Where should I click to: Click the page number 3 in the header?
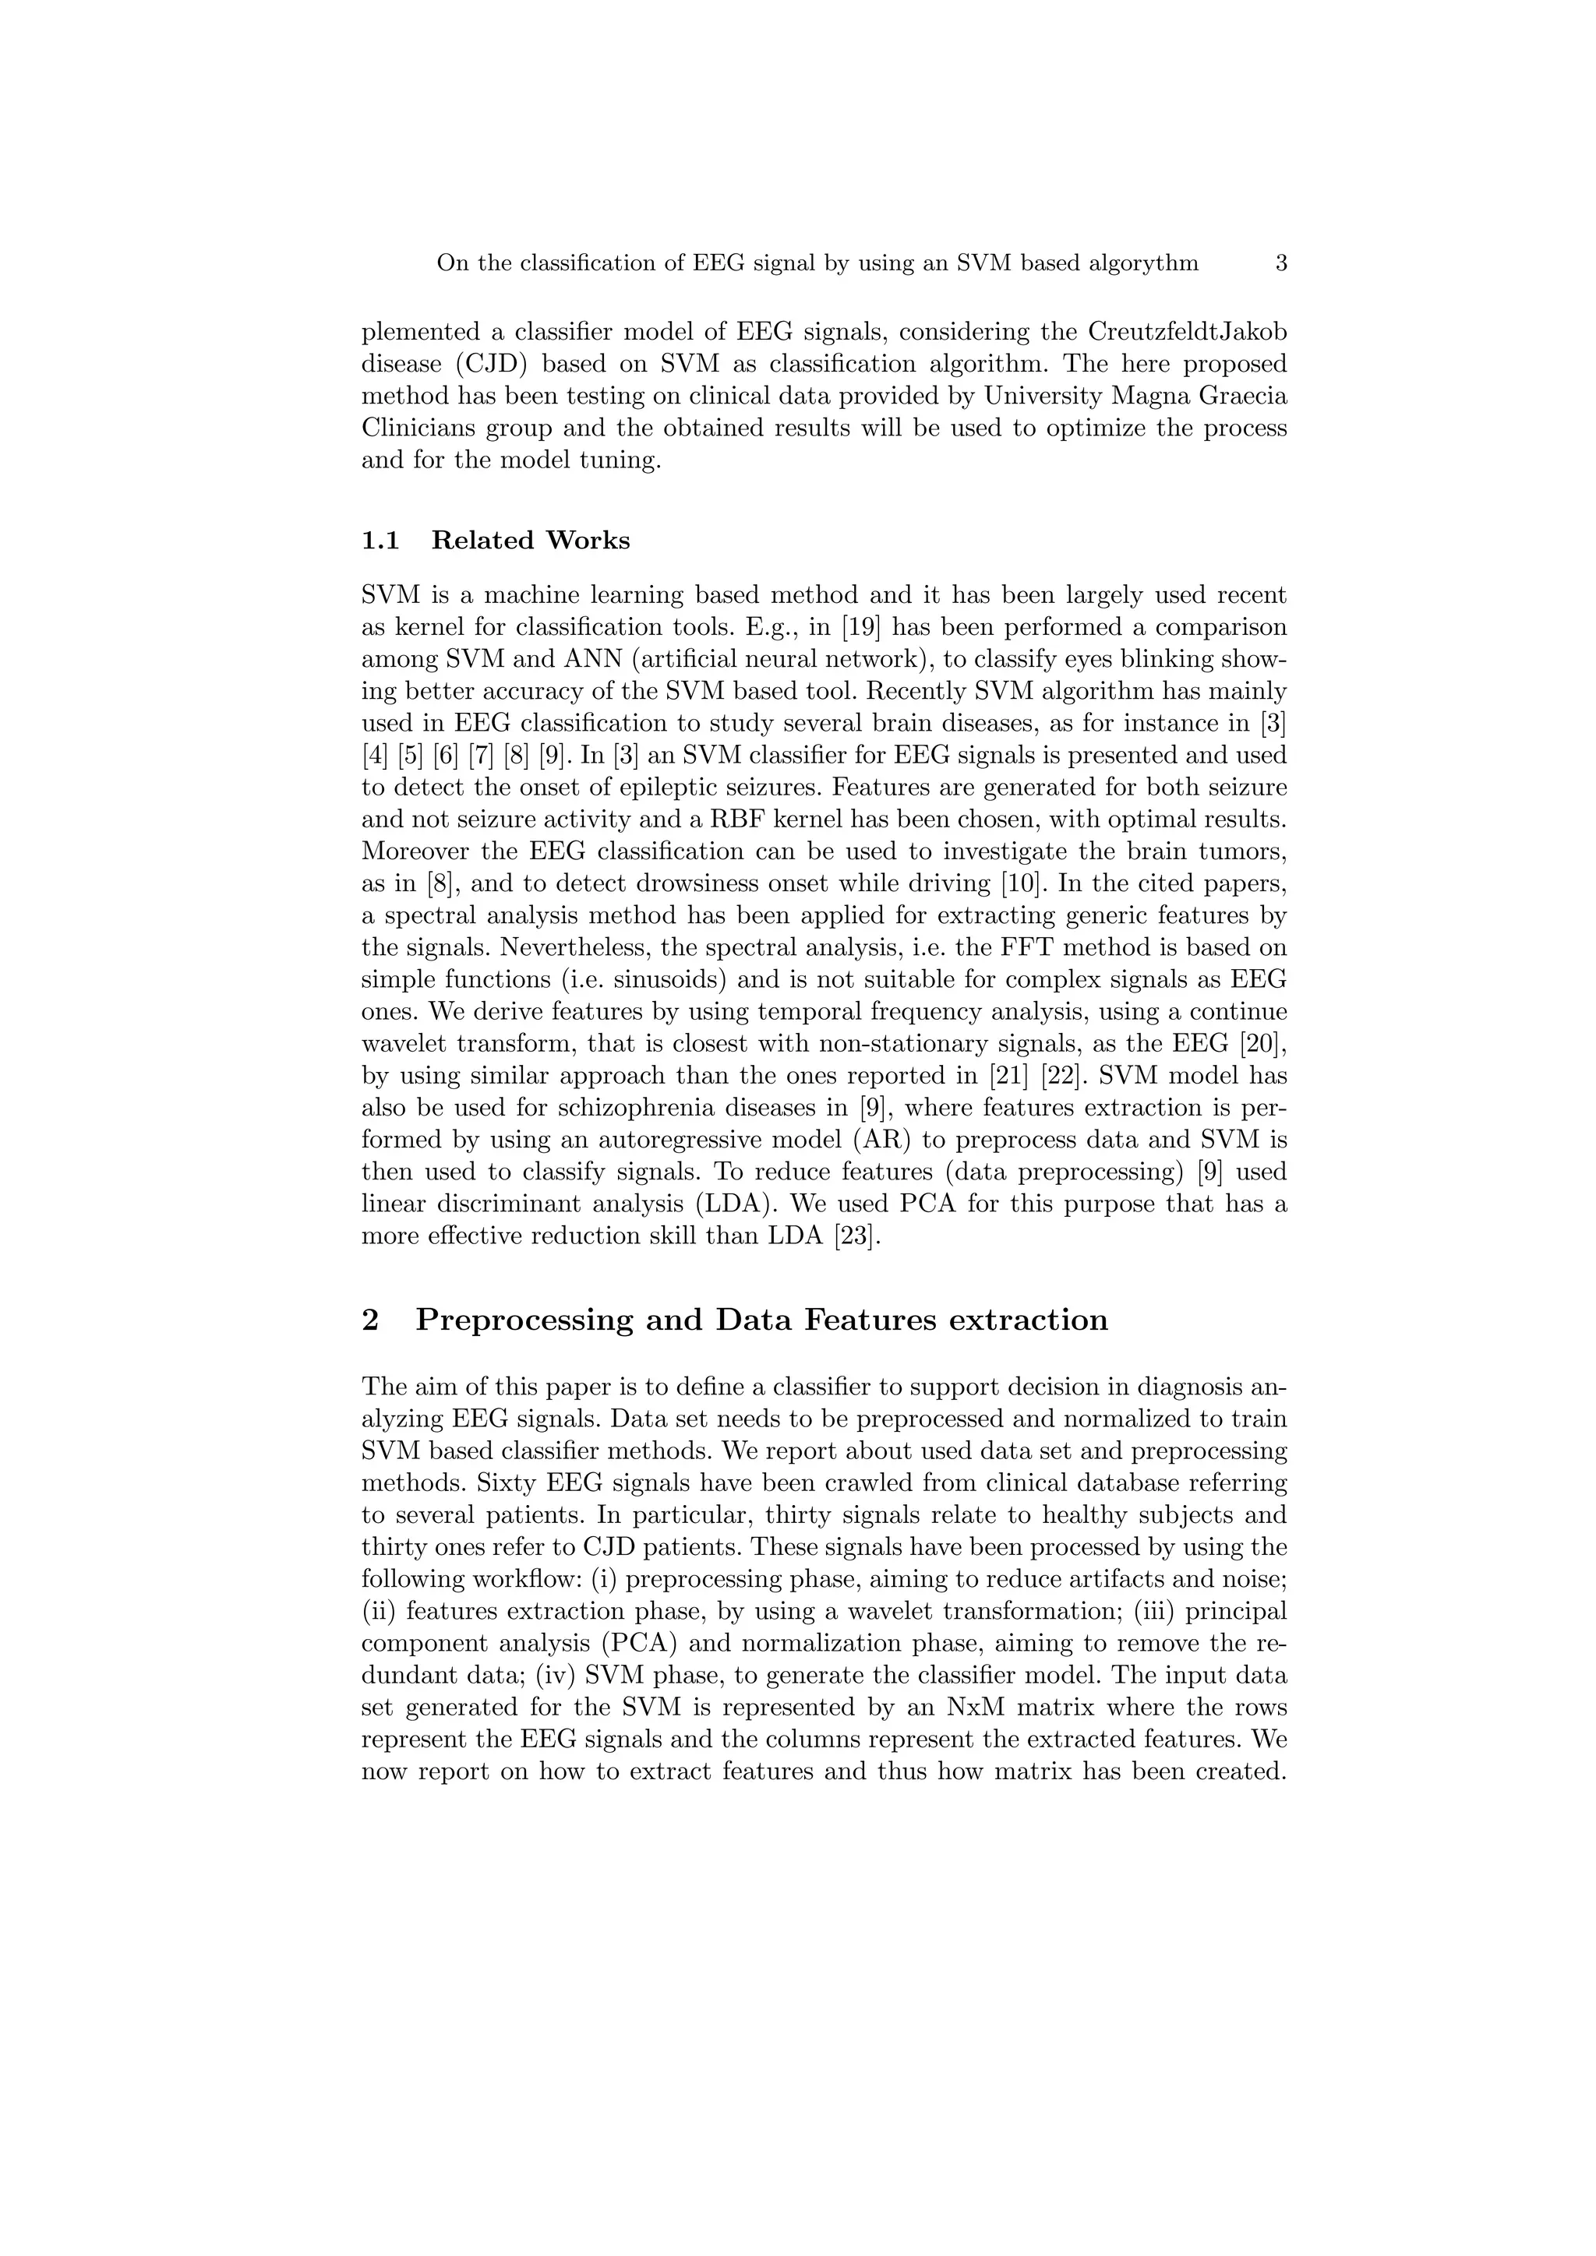point(1280,263)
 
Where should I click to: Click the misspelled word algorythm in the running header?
point(1144,263)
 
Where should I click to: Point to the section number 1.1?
point(380,541)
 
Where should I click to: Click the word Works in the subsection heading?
point(588,541)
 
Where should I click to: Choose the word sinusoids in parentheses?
point(674,980)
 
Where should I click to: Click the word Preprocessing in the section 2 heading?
point(524,1320)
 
